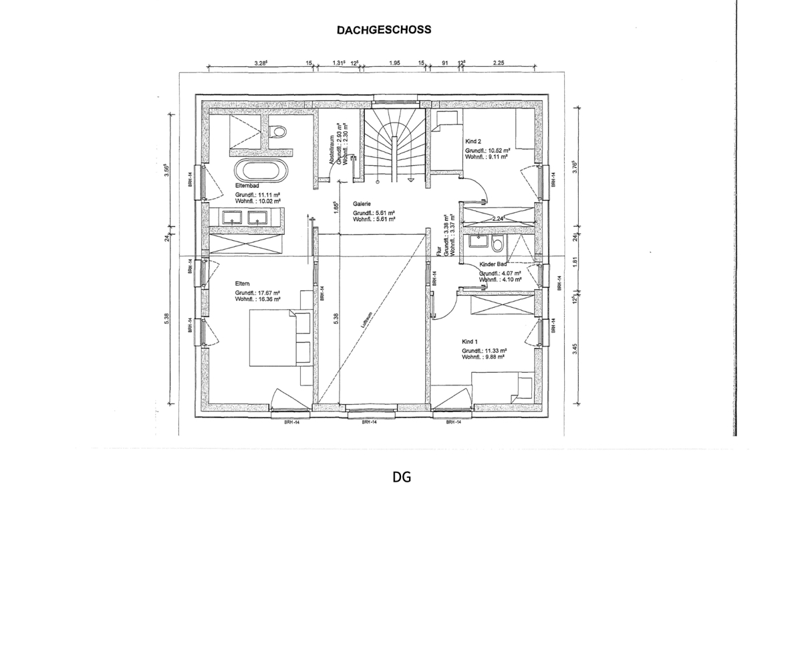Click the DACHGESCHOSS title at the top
tap(384, 30)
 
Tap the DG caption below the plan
tap(401, 477)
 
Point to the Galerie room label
tap(362, 204)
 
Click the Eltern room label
tap(242, 284)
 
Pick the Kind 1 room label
tap(470, 341)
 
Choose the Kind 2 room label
tap(473, 141)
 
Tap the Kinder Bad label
tap(493, 265)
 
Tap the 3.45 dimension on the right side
tap(575, 349)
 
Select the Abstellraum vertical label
tap(331, 151)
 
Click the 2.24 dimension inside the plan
tap(498, 218)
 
